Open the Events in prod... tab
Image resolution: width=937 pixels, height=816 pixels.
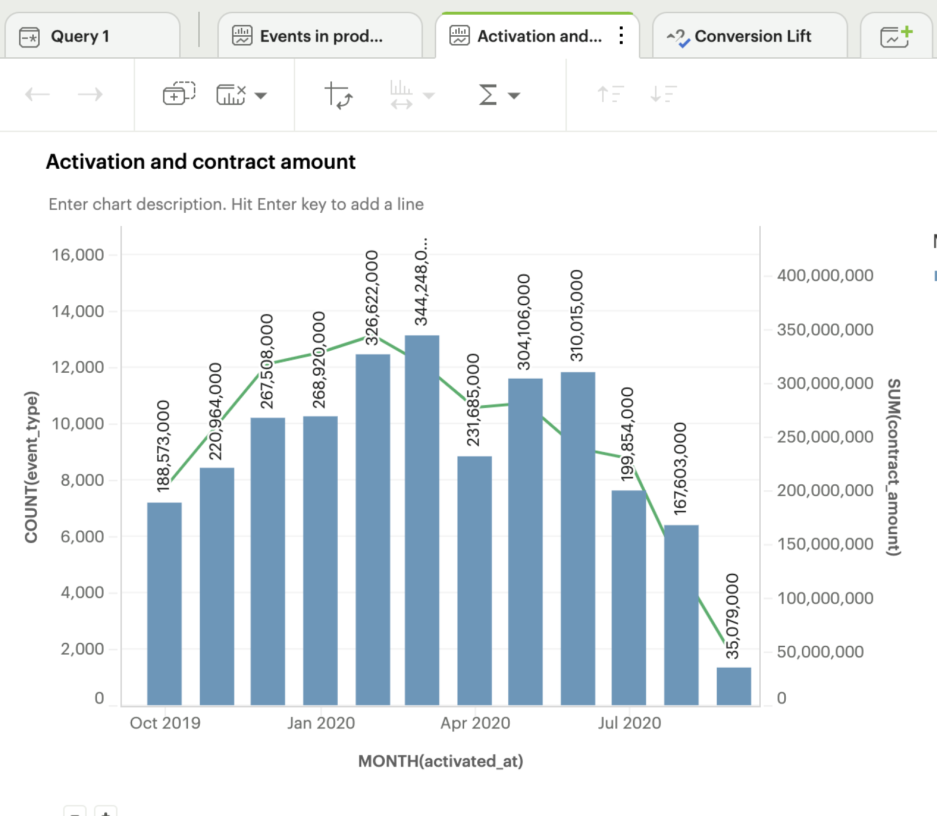click(x=321, y=36)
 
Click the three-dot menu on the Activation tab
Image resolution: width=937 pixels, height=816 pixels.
click(x=621, y=36)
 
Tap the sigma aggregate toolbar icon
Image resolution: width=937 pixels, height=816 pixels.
click(x=488, y=94)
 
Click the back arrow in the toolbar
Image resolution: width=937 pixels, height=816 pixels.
click(x=37, y=94)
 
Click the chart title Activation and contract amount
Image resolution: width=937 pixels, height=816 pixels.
click(x=201, y=162)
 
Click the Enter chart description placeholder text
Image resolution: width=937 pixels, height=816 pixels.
click(x=236, y=204)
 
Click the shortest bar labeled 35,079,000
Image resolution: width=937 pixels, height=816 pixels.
click(x=733, y=686)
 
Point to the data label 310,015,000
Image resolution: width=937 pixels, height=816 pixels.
click(x=577, y=316)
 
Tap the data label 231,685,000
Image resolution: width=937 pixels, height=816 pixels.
click(x=473, y=400)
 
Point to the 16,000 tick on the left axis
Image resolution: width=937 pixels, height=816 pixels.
click(x=78, y=255)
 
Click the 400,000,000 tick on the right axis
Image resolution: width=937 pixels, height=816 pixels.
click(x=825, y=275)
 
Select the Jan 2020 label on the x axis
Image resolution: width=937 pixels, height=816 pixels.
click(x=321, y=723)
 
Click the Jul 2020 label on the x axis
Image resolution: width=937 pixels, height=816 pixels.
click(x=629, y=723)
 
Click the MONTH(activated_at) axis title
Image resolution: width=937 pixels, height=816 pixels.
click(x=441, y=761)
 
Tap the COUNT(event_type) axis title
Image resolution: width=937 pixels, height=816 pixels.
click(x=31, y=467)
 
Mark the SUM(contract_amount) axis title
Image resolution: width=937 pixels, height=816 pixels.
click(x=893, y=467)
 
